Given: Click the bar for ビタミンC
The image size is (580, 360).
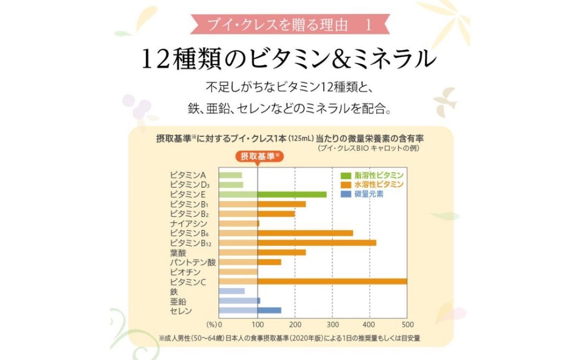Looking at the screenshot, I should click(x=312, y=281).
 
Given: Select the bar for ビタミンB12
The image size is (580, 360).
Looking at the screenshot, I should click(x=297, y=243).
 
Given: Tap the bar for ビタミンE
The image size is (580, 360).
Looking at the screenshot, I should click(x=272, y=194).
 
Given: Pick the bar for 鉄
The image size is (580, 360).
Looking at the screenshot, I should click(x=232, y=291).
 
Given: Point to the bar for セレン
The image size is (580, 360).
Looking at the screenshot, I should click(x=250, y=310).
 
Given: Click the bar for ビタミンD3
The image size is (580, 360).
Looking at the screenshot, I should click(x=231, y=184).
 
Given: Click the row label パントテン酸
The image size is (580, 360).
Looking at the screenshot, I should click(x=193, y=262).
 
